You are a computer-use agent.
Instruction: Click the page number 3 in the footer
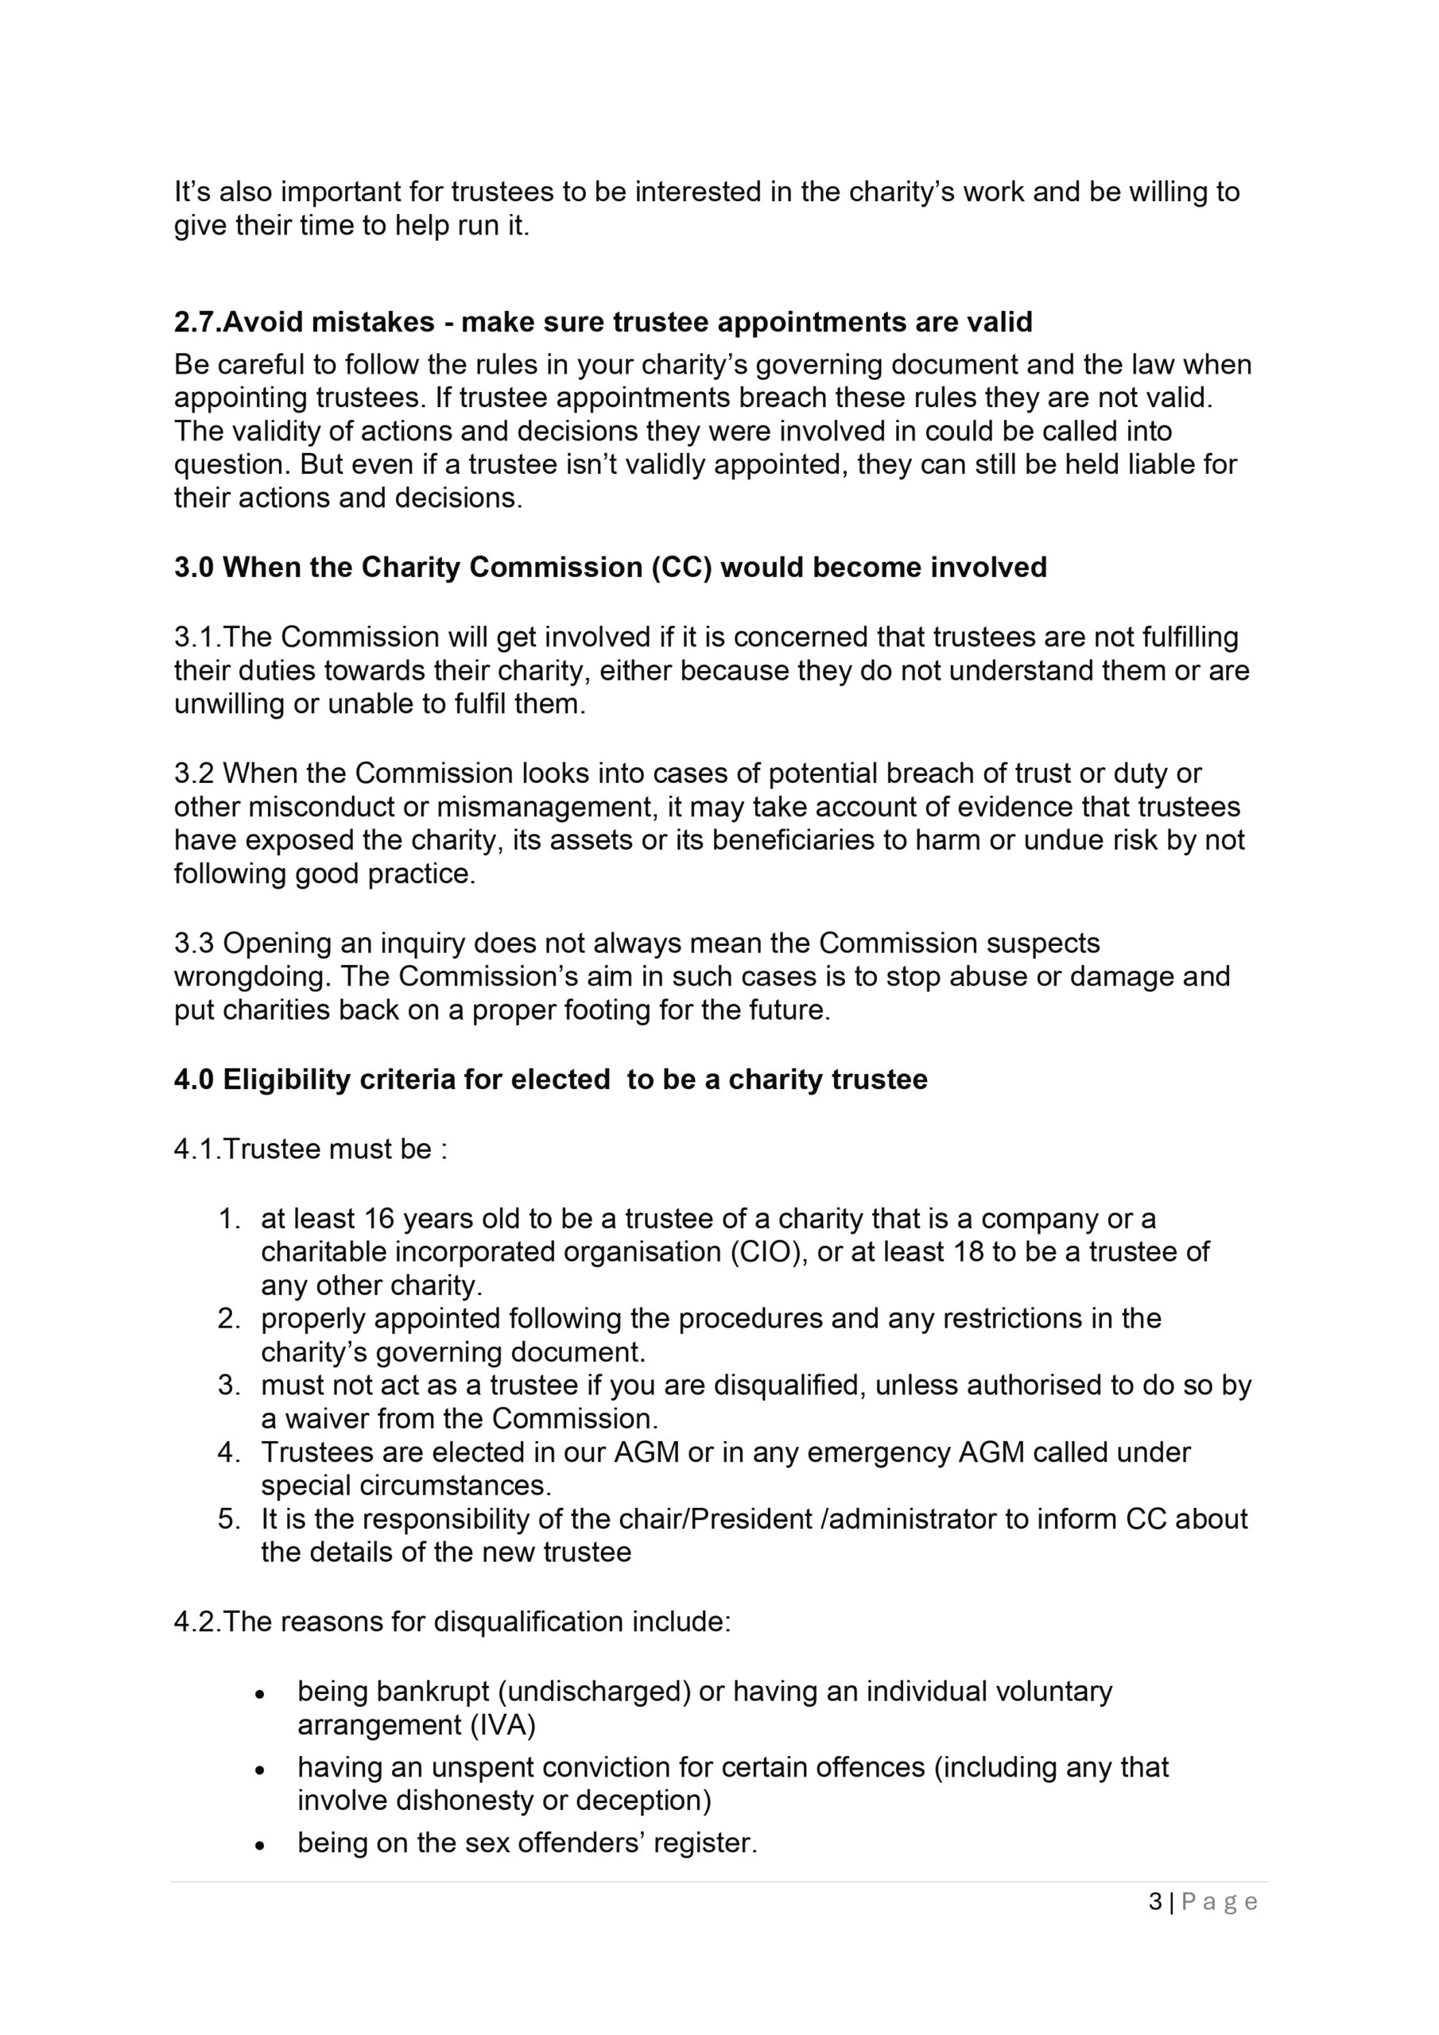coord(1155,1901)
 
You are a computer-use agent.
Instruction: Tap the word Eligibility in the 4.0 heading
coord(286,1080)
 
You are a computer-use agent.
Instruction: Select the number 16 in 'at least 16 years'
coord(378,1219)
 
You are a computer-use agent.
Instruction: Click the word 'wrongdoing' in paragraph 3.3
coord(253,977)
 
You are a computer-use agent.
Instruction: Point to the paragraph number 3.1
coord(194,638)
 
